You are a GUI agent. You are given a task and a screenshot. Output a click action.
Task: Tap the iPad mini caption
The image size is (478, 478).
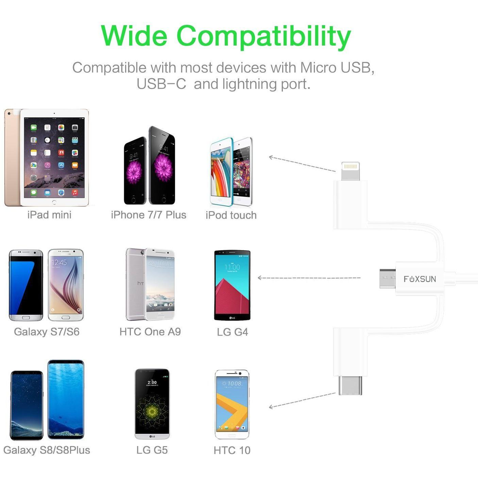pyautogui.click(x=49, y=215)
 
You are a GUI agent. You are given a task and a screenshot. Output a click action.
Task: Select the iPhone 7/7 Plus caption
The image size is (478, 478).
pyautogui.click(x=149, y=215)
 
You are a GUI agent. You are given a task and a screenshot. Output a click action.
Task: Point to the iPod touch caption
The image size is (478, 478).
pyautogui.click(x=231, y=215)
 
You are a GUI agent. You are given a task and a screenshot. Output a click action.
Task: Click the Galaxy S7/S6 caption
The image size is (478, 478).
pyautogui.click(x=47, y=332)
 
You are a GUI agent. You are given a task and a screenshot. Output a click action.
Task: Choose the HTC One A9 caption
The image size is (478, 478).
pyautogui.click(x=150, y=332)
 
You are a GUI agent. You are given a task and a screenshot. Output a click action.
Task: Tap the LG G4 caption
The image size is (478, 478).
pyautogui.click(x=233, y=332)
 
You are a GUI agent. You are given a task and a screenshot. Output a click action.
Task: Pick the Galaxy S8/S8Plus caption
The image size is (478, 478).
pyautogui.click(x=47, y=450)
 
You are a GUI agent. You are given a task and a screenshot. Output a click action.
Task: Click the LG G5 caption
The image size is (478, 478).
pyautogui.click(x=152, y=450)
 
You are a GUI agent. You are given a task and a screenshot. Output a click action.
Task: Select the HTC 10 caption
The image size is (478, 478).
pyautogui.click(x=232, y=450)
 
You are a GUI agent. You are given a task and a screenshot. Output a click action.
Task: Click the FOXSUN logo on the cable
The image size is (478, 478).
pyautogui.click(x=420, y=279)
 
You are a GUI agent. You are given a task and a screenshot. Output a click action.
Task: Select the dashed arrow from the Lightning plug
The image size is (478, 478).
pyautogui.click(x=302, y=164)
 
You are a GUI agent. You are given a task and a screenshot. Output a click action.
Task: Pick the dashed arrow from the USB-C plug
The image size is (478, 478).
pyautogui.click(x=302, y=400)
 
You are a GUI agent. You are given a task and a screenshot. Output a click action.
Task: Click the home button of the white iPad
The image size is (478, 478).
pyautogui.click(x=54, y=202)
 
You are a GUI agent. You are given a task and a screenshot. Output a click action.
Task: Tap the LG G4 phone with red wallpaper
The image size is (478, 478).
pyautogui.click(x=232, y=285)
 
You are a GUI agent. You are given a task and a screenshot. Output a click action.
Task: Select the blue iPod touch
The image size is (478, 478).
pyautogui.click(x=221, y=172)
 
